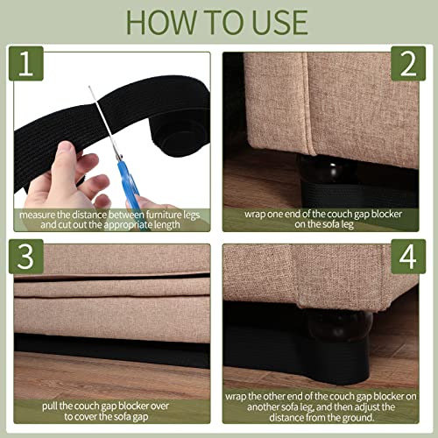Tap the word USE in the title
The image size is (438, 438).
[x=279, y=23]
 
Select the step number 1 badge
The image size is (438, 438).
[x=26, y=63]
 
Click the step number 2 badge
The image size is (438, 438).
[x=408, y=63]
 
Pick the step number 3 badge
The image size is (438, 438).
[x=26, y=257]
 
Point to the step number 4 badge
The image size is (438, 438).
[x=408, y=257]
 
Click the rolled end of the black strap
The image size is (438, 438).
[x=179, y=133]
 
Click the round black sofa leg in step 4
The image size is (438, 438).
[x=339, y=326]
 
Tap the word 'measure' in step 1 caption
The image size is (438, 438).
[x=37, y=215]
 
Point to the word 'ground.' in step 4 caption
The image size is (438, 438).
[x=358, y=418]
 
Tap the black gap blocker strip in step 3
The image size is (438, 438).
[x=112, y=350]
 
